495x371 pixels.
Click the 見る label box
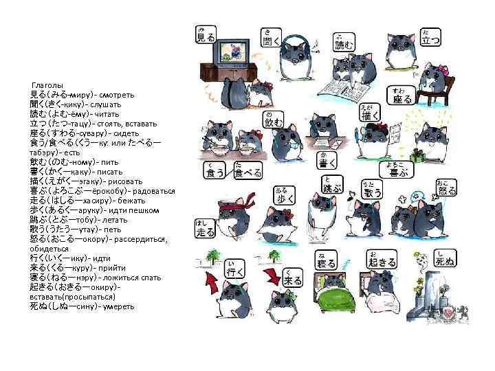coord(206,36)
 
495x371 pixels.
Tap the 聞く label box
coord(268,38)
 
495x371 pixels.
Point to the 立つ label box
coord(431,38)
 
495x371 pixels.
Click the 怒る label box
coord(446,188)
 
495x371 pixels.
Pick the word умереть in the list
coord(118,306)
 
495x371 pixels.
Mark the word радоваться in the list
coord(153,190)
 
